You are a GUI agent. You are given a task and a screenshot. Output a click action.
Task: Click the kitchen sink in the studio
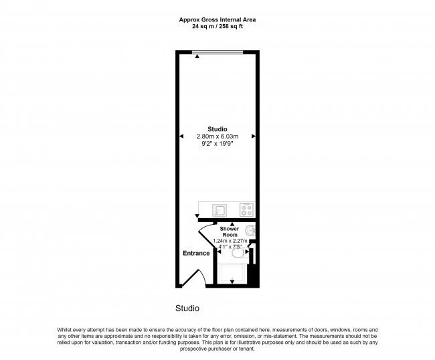coord(218,210)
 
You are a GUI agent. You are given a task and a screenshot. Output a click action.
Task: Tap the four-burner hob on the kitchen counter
coord(247,209)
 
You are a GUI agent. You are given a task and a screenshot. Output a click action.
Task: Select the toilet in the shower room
coord(237,252)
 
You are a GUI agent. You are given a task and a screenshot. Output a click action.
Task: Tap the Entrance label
coord(196,253)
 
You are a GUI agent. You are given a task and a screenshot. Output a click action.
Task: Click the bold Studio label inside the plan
coord(217,129)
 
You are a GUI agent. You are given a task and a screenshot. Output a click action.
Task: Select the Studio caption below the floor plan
coord(187,308)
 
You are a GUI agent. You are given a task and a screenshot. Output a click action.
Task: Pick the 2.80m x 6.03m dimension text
coord(217,137)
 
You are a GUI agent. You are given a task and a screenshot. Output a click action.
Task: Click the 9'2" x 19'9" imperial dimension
coord(217,144)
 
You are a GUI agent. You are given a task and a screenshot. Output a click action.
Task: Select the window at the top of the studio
coord(217,52)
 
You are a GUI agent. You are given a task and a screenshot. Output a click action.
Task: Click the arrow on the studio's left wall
coord(181,137)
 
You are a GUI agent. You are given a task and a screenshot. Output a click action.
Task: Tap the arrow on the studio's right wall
coord(254,137)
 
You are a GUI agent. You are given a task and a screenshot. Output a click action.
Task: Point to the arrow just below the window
coord(197,58)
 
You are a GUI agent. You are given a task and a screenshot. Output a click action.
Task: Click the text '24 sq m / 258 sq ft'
coord(217,27)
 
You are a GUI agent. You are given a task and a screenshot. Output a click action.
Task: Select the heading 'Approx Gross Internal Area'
coord(217,19)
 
